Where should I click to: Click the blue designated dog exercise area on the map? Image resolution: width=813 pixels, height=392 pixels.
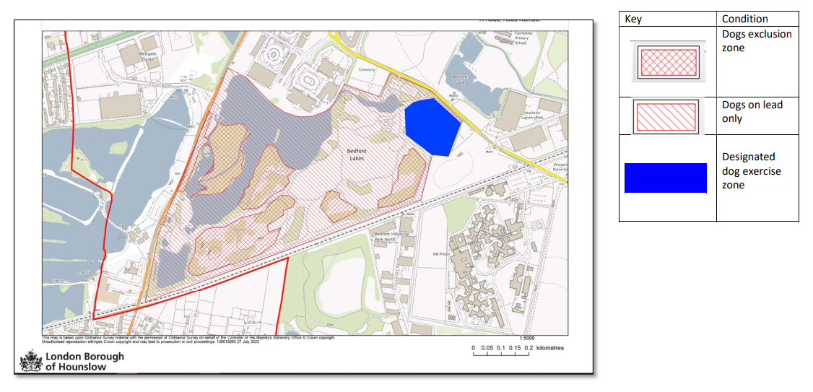(432, 126)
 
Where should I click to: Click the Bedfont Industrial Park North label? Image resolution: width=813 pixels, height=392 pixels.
(392, 237)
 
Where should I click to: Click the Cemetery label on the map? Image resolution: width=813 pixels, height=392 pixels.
(369, 69)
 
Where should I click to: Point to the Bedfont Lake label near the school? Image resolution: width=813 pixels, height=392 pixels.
(460, 79)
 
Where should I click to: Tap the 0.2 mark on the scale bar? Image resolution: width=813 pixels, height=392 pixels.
(528, 348)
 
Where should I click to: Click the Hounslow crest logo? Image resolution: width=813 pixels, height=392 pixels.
(30, 361)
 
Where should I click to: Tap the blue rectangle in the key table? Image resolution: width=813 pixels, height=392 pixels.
(665, 178)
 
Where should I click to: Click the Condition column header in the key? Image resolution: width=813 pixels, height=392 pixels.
(744, 19)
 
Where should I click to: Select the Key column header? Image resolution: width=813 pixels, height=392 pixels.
(633, 19)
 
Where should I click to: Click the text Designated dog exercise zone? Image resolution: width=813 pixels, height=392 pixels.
(751, 170)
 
